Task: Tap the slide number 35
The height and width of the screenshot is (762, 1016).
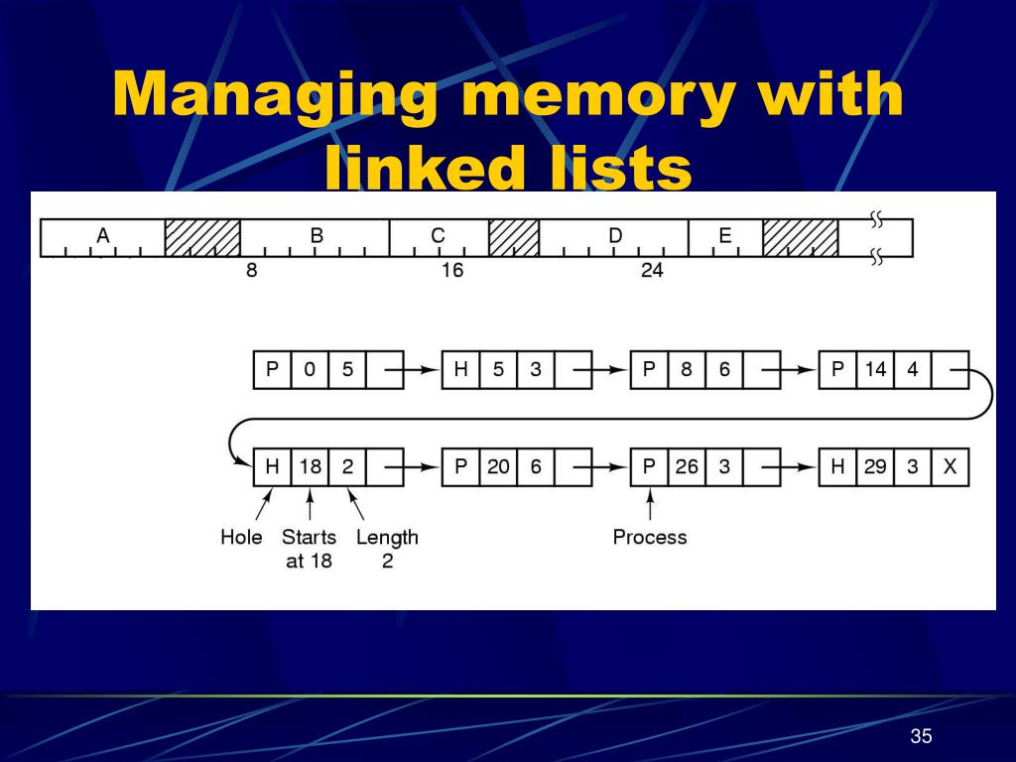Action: [922, 735]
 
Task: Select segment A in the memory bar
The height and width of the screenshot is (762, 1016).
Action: [102, 237]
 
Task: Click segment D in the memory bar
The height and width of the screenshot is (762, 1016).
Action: [614, 237]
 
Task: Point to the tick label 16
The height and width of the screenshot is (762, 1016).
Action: [451, 270]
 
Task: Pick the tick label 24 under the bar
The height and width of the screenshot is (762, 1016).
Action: [652, 270]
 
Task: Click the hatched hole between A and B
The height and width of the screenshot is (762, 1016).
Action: [202, 238]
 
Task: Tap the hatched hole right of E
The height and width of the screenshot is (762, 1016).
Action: [801, 238]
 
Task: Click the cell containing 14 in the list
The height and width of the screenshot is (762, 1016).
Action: [875, 370]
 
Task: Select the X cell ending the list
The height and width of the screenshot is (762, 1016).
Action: [950, 466]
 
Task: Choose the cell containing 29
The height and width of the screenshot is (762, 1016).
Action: [875, 466]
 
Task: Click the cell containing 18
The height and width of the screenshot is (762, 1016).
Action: [311, 466]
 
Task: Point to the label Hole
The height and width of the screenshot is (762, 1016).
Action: [241, 538]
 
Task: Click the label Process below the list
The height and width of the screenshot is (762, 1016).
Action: [650, 538]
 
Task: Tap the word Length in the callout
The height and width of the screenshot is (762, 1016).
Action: [387, 538]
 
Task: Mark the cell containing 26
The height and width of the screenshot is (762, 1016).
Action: [687, 466]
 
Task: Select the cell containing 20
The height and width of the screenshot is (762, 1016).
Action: [498, 466]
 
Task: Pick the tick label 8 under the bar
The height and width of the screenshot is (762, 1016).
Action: [252, 270]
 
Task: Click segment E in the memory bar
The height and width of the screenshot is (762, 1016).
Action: [725, 237]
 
